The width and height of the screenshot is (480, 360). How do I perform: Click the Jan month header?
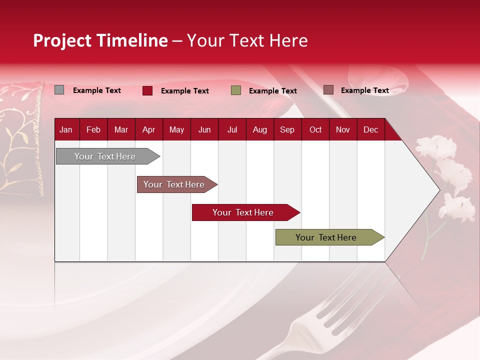tap(66, 129)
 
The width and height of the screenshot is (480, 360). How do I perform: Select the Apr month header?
tap(148, 129)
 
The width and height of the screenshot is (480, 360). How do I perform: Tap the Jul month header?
tap(232, 129)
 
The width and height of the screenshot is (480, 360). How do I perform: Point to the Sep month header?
tap(287, 129)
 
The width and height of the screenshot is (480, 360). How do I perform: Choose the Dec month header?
tap(370, 129)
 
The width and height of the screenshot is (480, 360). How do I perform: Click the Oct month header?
tap(315, 129)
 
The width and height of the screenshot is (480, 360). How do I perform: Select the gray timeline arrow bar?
tap(105, 156)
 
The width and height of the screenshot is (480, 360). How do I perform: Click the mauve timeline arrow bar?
tap(174, 184)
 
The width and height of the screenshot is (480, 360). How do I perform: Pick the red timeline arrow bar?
tap(243, 212)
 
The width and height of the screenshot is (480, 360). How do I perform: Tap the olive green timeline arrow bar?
tap(326, 237)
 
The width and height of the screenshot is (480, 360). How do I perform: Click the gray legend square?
tap(59, 90)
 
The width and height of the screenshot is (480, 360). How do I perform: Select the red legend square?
tap(147, 90)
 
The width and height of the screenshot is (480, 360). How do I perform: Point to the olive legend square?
tap(236, 90)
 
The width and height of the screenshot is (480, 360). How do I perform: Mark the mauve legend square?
tap(328, 90)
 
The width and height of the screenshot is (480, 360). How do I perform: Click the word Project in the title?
tap(62, 40)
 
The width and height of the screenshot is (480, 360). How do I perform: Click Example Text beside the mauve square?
tap(364, 90)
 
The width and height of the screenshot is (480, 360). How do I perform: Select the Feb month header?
tap(93, 129)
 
